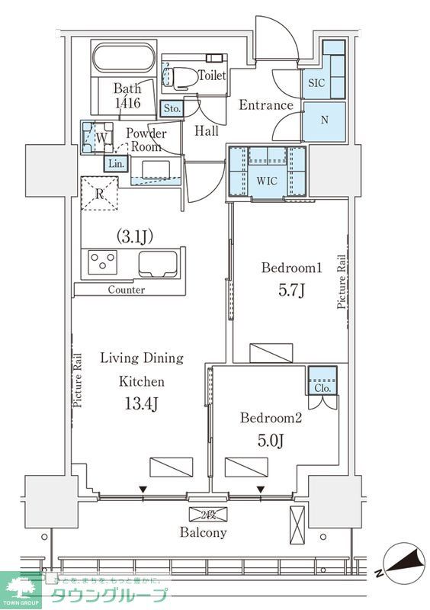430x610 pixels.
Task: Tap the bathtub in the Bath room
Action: pos(124,58)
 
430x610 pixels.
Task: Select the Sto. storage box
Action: pos(172,108)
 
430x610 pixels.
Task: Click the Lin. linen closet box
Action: pos(116,164)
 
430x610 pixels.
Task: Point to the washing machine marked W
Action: pos(98,137)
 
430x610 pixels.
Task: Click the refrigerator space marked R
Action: pos(99,194)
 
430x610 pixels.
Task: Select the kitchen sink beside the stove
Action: pos(158,264)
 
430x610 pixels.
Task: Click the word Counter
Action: pos(126,290)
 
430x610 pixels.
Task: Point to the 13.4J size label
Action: pos(141,404)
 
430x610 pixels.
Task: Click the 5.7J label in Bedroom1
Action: pos(290,291)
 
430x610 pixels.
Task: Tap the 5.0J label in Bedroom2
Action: pos(271,440)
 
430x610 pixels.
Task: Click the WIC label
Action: pos(267,181)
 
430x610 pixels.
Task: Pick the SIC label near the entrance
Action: pos(316,82)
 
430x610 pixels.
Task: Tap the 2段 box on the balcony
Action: pos(208,514)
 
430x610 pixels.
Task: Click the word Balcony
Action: pos(203,532)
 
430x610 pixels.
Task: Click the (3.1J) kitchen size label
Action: pos(134,236)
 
